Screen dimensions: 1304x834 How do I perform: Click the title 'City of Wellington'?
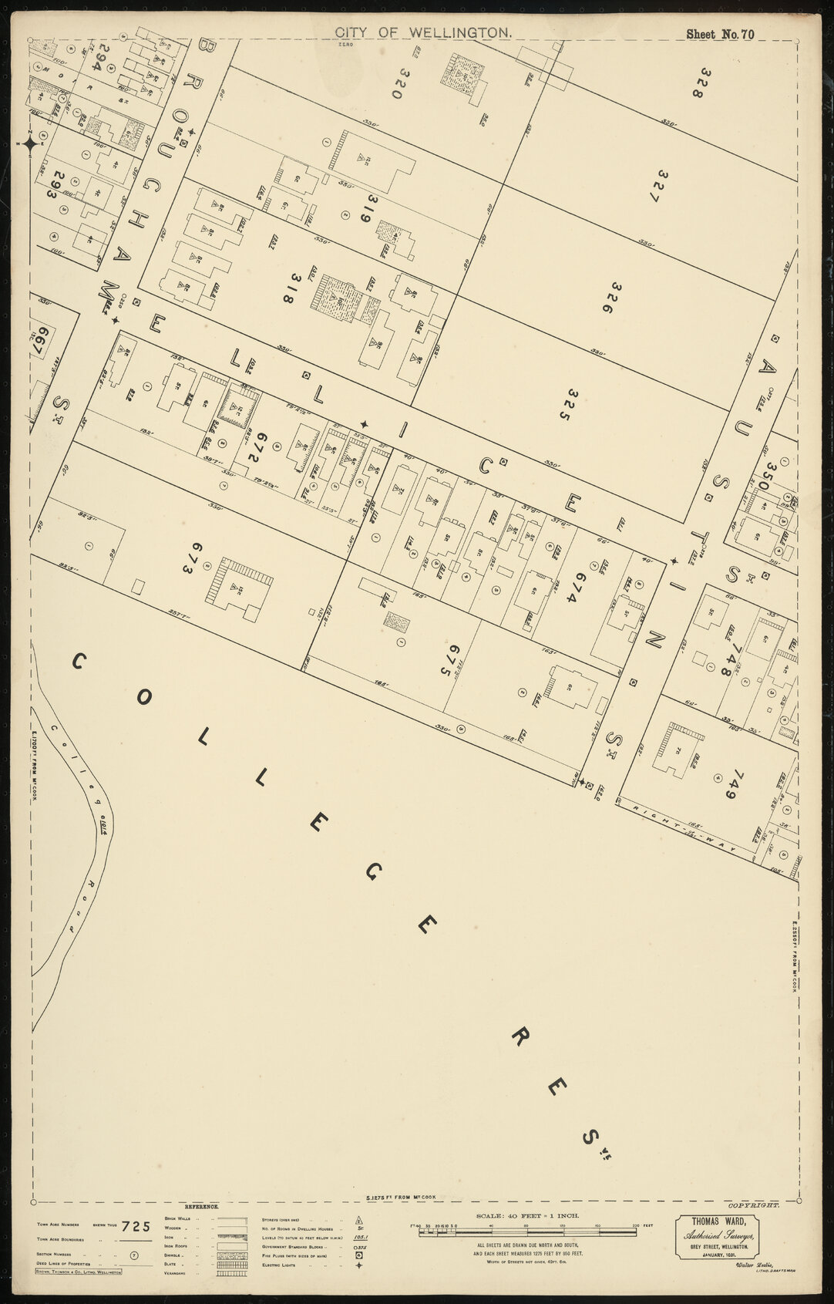pyautogui.click(x=423, y=32)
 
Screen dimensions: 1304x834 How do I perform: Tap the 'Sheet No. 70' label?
pyautogui.click(x=720, y=34)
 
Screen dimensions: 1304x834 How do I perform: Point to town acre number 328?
pyautogui.click(x=698, y=83)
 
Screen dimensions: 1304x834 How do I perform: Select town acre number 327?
pyautogui.click(x=655, y=186)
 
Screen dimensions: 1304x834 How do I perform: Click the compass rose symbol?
pyautogui.click(x=30, y=143)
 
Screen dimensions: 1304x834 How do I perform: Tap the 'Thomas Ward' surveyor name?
pyautogui.click(x=717, y=1221)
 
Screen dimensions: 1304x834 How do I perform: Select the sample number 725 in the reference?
pyautogui.click(x=136, y=1226)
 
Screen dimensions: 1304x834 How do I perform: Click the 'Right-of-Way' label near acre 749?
pyautogui.click(x=682, y=829)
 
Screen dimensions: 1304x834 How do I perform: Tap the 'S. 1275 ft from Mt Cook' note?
pyautogui.click(x=401, y=1198)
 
